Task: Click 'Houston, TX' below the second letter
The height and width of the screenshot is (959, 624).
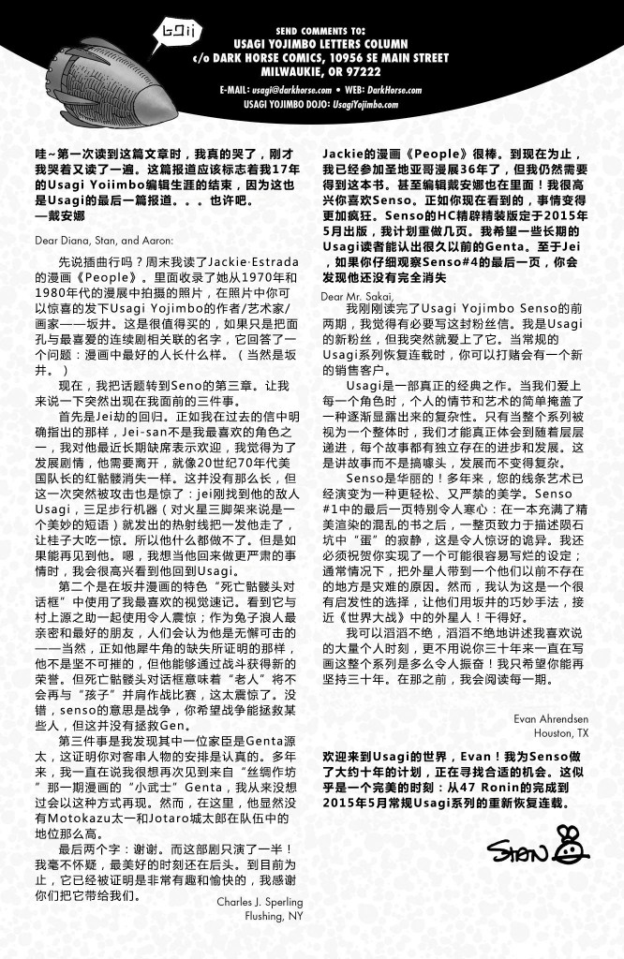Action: [561, 731]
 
